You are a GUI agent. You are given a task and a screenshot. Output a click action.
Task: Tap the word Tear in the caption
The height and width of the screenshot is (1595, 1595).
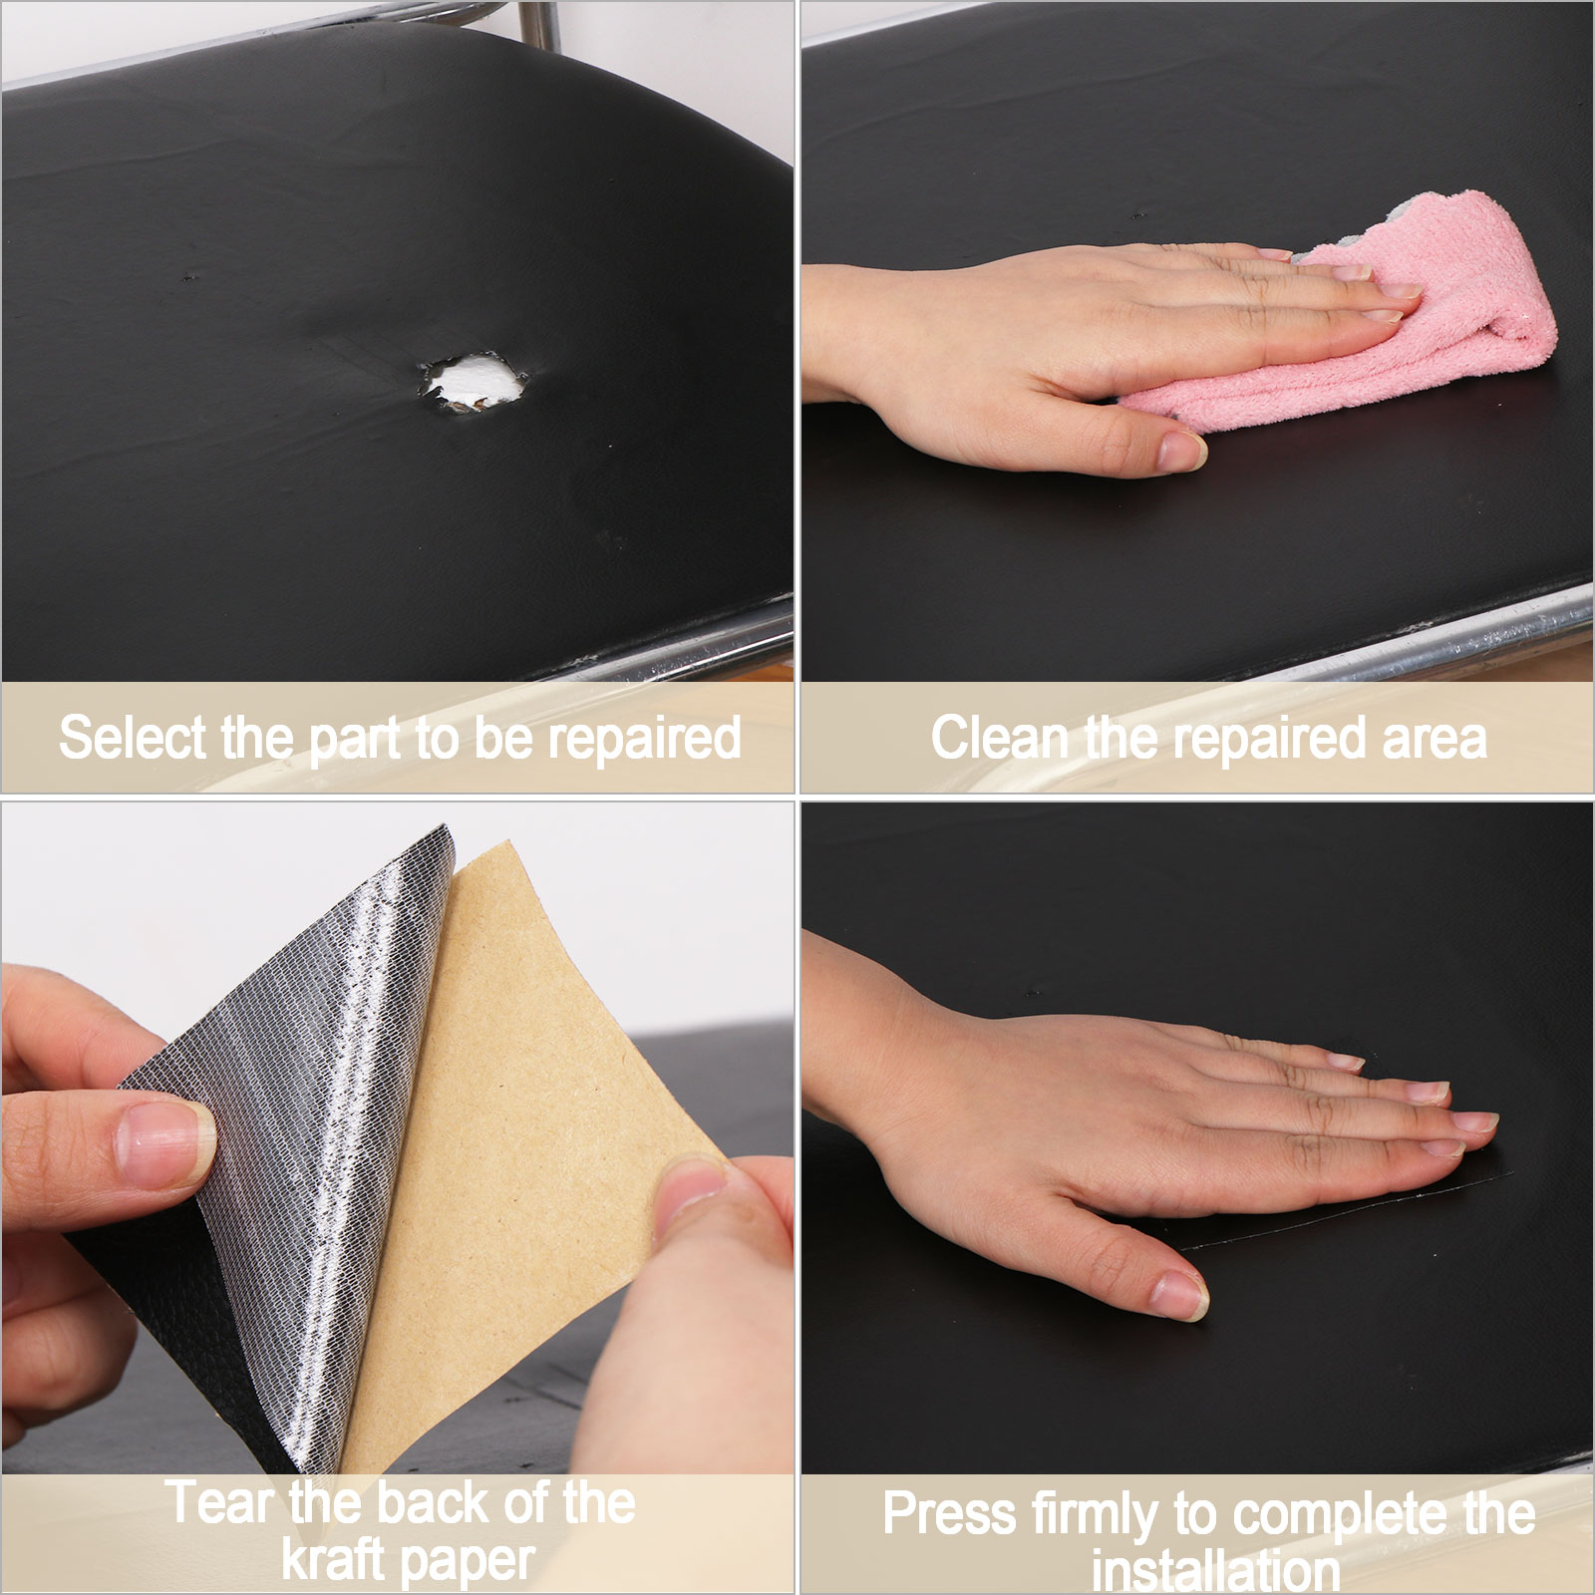[219, 1503]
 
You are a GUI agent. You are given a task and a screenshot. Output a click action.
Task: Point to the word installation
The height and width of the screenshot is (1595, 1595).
[1216, 1571]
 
